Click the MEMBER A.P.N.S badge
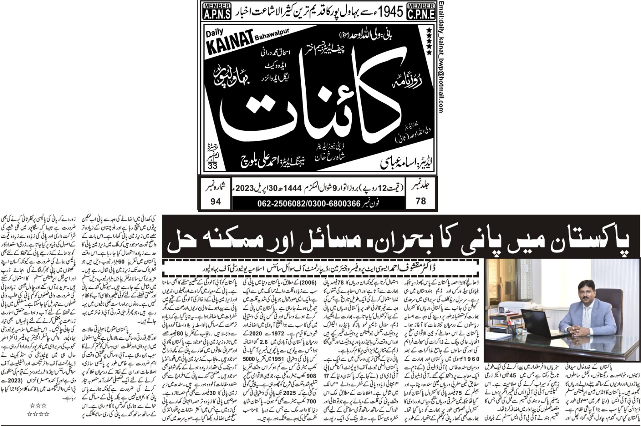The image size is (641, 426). tap(217, 11)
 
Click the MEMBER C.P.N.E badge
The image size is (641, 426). tap(421, 11)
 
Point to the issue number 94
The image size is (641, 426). tap(216, 201)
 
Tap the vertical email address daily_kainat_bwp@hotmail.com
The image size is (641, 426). tap(441, 56)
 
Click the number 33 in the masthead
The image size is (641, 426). tap(212, 166)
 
